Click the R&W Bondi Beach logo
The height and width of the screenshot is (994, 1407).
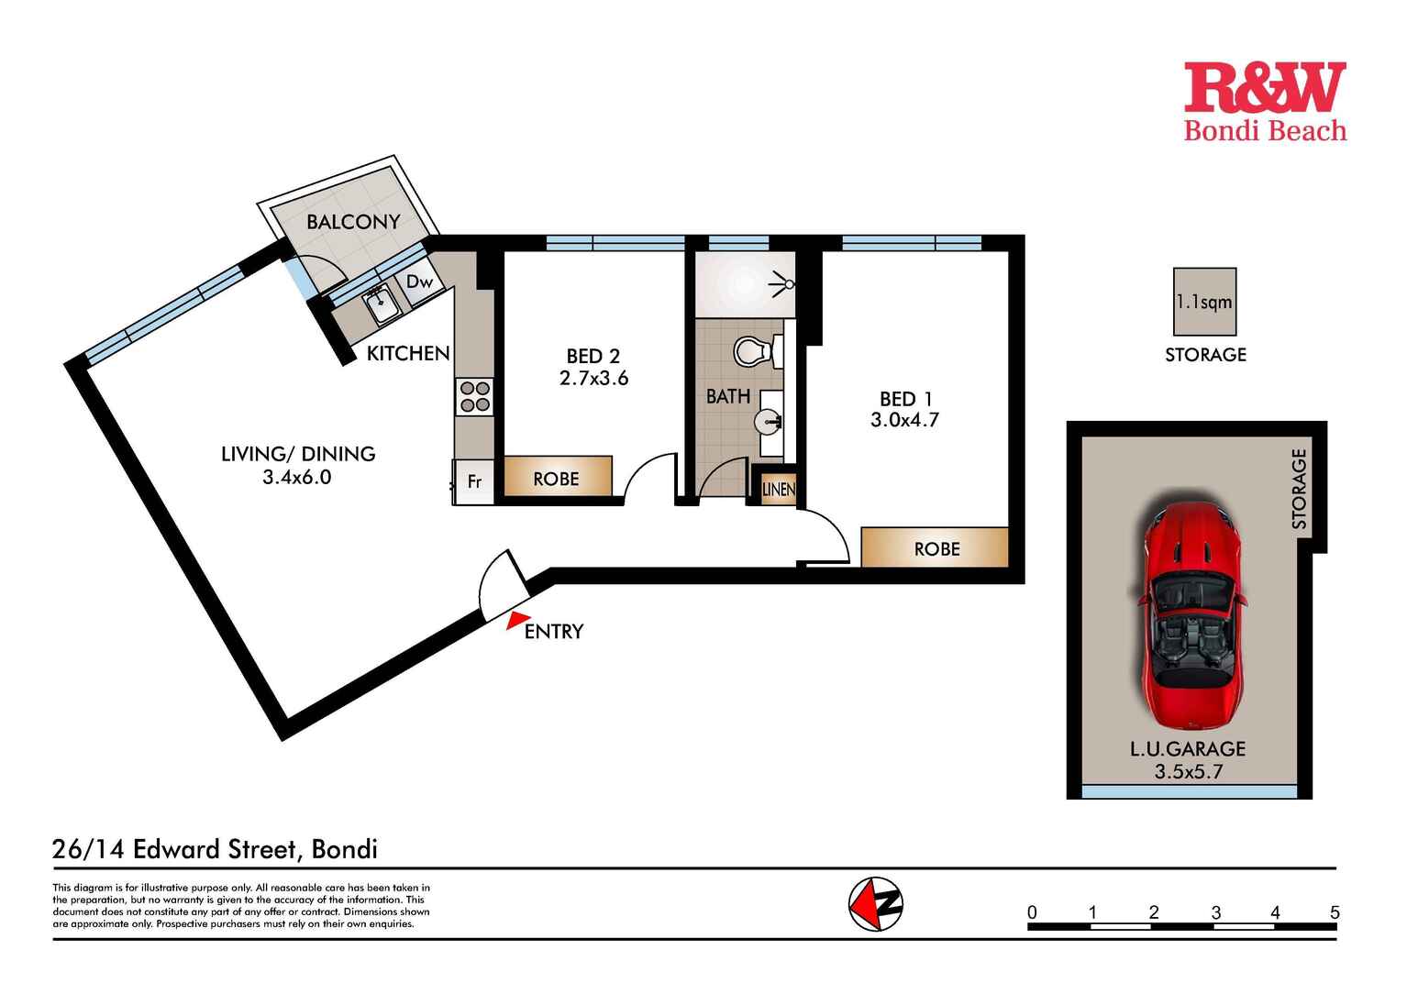pos(1264,102)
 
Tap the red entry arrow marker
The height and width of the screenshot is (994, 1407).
pos(518,621)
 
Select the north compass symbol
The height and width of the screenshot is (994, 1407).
pos(876,904)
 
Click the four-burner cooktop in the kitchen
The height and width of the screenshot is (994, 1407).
pos(474,396)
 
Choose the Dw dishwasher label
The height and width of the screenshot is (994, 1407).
pos(419,282)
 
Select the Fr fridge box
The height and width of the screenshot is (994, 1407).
pos(474,480)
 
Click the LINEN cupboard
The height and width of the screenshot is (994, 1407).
pos(778,490)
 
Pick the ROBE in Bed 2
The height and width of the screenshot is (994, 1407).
pos(556,478)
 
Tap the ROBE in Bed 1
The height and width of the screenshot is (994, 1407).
pos(936,548)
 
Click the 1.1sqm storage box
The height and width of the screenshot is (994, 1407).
pos(1204,302)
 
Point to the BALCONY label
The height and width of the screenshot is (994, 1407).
pos(353,222)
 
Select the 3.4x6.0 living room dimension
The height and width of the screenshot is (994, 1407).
pos(296,477)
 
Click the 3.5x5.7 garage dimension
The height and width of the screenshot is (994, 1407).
pos(1188,771)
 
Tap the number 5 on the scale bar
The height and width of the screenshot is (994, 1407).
pos(1335,912)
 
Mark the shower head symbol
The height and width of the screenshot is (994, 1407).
pos(785,284)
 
